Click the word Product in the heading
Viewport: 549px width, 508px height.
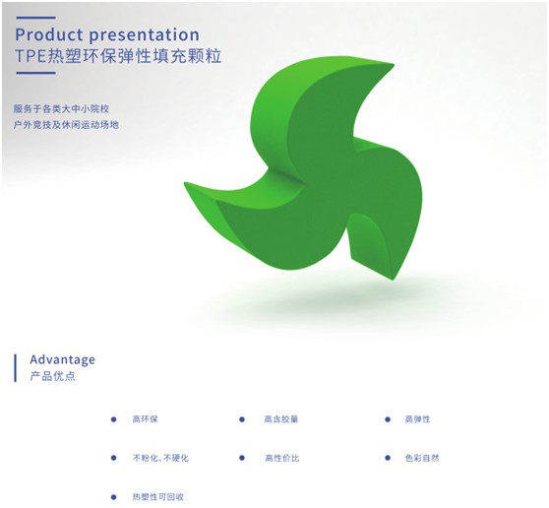(48, 34)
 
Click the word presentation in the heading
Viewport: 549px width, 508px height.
(144, 35)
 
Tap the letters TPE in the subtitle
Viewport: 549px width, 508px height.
(30, 56)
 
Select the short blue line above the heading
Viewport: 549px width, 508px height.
(35, 17)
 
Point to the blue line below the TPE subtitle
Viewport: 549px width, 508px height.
(35, 73)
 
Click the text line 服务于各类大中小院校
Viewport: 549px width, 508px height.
(61, 108)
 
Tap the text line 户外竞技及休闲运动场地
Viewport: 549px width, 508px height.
(66, 124)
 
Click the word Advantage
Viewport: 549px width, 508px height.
(62, 359)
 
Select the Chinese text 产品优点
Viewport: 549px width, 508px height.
(52, 376)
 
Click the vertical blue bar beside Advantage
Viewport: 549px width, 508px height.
(15, 368)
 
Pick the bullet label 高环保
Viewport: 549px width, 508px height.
(145, 419)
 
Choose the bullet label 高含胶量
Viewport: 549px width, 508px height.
(281, 419)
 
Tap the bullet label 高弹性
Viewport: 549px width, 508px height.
(417, 419)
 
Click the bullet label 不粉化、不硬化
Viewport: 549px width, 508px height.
(160, 458)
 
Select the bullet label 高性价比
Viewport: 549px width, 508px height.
(282, 458)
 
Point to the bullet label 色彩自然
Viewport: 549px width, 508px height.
(422, 458)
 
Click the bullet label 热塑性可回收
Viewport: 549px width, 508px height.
(157, 497)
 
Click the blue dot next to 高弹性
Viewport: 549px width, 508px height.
(388, 419)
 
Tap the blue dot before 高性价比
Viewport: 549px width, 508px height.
(242, 458)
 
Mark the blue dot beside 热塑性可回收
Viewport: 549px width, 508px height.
(113, 497)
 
